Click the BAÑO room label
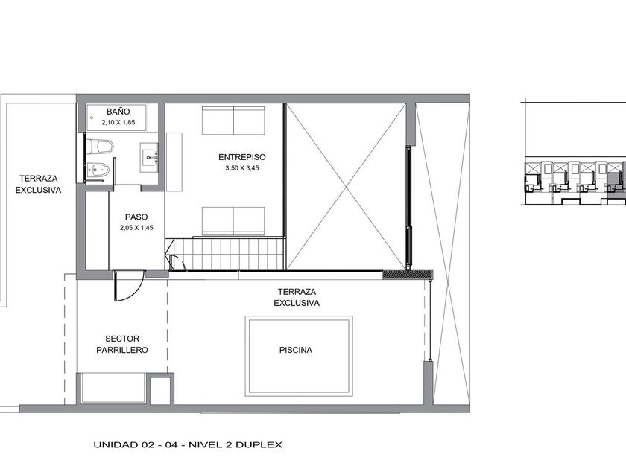[118, 112]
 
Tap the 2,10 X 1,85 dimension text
[118, 122]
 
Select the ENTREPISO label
[242, 157]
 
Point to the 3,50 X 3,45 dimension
[242, 168]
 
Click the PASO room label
[136, 217]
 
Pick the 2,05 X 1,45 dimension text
[136, 228]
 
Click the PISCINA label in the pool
[296, 350]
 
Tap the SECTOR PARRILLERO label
[122, 345]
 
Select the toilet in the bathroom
[100, 147]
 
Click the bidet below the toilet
[98, 170]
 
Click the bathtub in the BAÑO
[117, 118]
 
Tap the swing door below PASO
[128, 286]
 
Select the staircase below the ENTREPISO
[226, 254]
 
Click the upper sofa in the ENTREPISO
[233, 121]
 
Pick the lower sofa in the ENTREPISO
[233, 221]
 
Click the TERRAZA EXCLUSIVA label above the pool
[297, 298]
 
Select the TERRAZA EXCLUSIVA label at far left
[38, 185]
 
